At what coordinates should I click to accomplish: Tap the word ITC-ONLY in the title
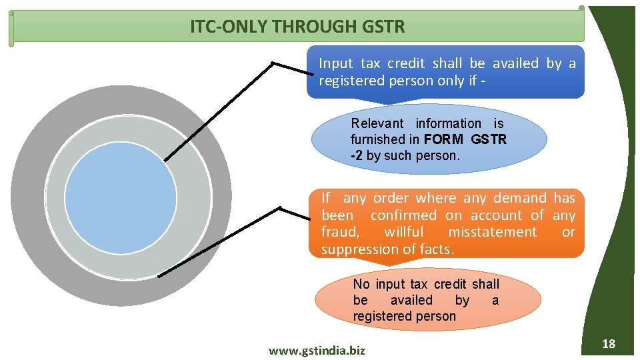tap(219, 27)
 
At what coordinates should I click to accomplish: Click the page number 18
tap(608, 344)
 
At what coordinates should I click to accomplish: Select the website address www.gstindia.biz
tap(317, 350)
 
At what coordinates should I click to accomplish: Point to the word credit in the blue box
tap(406, 63)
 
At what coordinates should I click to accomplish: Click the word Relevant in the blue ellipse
tap(377, 123)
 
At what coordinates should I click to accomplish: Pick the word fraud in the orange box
tap(339, 232)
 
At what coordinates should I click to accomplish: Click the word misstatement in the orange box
tap(492, 232)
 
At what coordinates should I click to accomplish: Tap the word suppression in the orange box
tap(357, 249)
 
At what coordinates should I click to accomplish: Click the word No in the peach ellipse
tap(361, 285)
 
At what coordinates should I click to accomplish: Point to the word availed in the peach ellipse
tap(411, 301)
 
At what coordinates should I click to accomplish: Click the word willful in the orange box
tap(403, 232)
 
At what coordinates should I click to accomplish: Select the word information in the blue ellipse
tap(448, 123)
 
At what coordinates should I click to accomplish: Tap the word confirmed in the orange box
tap(403, 215)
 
